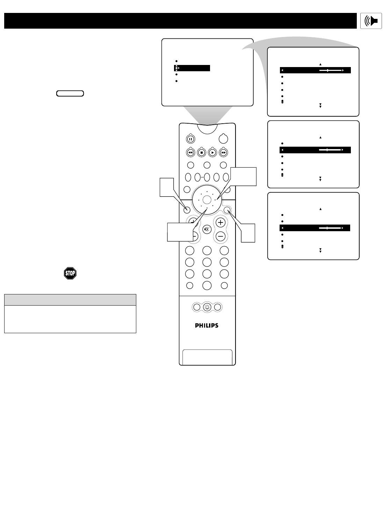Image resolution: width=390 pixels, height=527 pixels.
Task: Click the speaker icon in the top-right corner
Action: pyautogui.click(x=371, y=21)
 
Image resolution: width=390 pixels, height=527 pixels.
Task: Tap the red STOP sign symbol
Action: pyautogui.click(x=70, y=273)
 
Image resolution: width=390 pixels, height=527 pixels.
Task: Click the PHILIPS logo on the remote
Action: pyautogui.click(x=207, y=325)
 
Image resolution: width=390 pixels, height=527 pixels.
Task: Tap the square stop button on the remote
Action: pyautogui.click(x=201, y=152)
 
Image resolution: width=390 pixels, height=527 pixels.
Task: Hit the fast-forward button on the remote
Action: pyautogui.click(x=223, y=152)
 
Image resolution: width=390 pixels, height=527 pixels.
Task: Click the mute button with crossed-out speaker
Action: pyautogui.click(x=207, y=229)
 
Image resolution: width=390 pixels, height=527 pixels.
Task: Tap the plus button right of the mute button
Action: pyautogui.click(x=221, y=222)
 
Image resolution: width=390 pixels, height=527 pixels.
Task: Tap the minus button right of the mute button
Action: pyautogui.click(x=221, y=236)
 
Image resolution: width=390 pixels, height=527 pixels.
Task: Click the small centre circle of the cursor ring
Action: pyautogui.click(x=207, y=199)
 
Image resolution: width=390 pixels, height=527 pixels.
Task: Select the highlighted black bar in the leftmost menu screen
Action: pyautogui.click(x=192, y=68)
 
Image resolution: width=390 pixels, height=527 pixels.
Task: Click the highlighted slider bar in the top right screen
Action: pyautogui.click(x=315, y=70)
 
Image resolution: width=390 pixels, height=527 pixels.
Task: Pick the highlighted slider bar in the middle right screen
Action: pyautogui.click(x=315, y=150)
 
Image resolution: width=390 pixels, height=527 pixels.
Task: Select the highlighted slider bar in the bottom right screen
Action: pyautogui.click(x=315, y=228)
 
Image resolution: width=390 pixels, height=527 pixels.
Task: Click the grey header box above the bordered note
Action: pyautogui.click(x=70, y=300)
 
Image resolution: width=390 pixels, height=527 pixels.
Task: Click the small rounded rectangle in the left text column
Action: pyautogui.click(x=70, y=93)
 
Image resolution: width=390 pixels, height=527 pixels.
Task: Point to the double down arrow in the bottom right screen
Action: pyautogui.click(x=320, y=250)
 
